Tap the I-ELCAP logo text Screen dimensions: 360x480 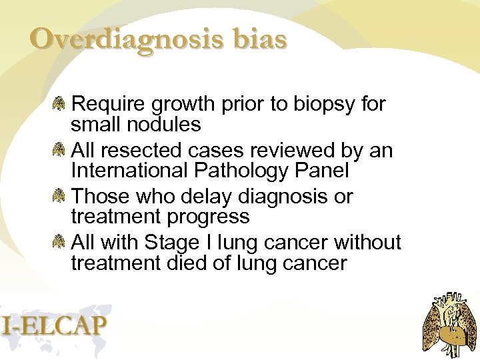(x=54, y=325)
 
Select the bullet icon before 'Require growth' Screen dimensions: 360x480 (x=60, y=103)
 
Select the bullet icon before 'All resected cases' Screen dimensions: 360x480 (x=60, y=150)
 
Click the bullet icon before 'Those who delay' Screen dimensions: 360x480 (x=60, y=197)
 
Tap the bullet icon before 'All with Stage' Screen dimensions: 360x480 (x=60, y=243)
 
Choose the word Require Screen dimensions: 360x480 (x=109, y=105)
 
